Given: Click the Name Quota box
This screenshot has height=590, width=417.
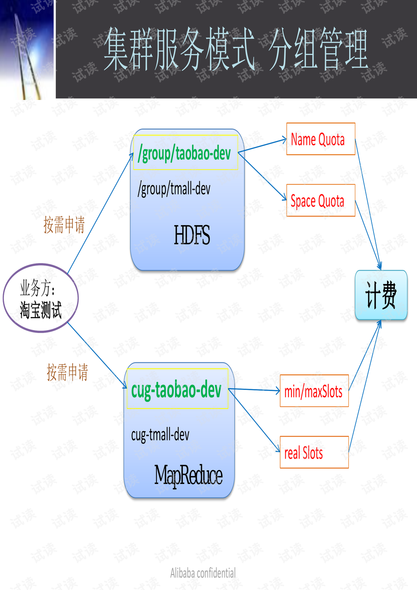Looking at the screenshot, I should [x=321, y=139].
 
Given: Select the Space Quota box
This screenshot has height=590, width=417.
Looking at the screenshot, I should [x=321, y=200].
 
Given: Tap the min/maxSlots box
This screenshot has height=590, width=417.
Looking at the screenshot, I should [x=314, y=391].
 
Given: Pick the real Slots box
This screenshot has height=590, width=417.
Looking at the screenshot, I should [x=314, y=452].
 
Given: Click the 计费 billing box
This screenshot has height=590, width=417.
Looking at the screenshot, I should [x=381, y=295].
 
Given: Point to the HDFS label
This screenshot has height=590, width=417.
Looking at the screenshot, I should [x=192, y=235].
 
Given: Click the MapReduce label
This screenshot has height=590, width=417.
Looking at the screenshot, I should [x=188, y=475].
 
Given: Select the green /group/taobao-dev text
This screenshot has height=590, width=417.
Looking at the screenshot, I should [x=185, y=153].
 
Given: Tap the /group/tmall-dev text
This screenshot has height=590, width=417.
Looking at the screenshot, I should [x=174, y=189].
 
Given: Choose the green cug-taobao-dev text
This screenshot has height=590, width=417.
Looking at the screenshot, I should [x=176, y=390].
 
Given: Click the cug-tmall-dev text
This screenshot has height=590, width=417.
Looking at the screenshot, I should [x=160, y=434].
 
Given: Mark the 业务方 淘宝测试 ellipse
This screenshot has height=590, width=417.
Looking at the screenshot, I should [x=41, y=298].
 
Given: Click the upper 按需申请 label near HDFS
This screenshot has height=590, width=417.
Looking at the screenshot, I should [x=64, y=225].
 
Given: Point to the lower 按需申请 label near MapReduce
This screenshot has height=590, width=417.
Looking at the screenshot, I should [x=67, y=373].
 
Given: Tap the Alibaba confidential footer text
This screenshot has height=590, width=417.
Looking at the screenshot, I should [x=203, y=573].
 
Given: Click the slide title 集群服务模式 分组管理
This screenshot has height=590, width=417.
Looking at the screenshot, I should [x=235, y=49].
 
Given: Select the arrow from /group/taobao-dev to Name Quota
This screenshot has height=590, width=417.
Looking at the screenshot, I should [x=262, y=146].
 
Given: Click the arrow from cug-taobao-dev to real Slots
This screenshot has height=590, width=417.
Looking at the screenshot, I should [x=255, y=420].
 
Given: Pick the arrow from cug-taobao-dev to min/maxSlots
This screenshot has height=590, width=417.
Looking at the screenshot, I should [x=254, y=390].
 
